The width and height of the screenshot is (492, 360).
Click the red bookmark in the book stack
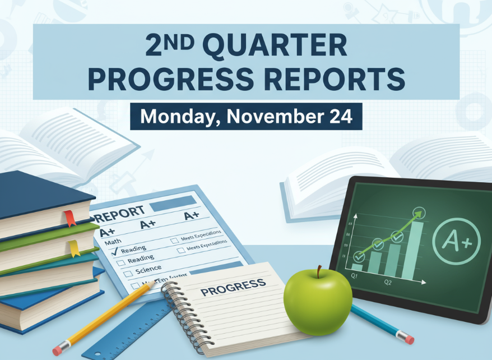[x=71, y=218]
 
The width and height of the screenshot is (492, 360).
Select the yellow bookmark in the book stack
[x=74, y=248]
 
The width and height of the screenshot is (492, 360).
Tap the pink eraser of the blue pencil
[x=409, y=339]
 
